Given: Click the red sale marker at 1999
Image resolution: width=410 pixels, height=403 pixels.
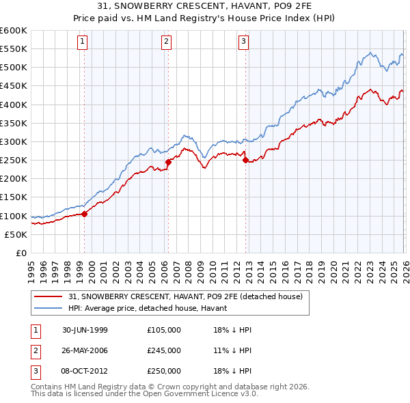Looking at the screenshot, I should click(85, 214).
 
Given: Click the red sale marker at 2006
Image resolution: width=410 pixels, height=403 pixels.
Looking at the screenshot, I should click(168, 162).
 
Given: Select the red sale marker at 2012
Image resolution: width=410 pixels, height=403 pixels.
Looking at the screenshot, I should click(245, 160).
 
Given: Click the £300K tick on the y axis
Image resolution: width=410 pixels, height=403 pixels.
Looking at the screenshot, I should click(14, 141).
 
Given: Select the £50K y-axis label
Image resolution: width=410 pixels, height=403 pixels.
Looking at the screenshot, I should click(16, 234).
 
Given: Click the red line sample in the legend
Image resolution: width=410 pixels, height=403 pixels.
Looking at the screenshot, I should click(48, 296).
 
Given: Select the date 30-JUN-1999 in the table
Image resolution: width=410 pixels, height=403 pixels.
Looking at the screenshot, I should click(85, 330).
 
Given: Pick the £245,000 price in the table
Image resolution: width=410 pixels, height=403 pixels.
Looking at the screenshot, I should click(164, 350).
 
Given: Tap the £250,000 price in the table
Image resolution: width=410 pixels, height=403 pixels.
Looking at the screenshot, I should click(164, 371).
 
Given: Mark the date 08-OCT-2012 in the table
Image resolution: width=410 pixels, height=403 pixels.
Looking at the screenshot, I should click(85, 371).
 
